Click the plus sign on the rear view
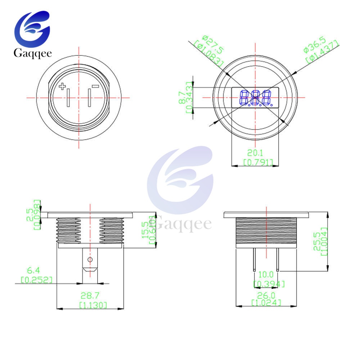tap(62, 86)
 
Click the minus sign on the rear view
tap(95, 86)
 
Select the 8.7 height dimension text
tap(183, 98)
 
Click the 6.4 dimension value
tap(33, 270)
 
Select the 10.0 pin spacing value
tap(266, 275)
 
